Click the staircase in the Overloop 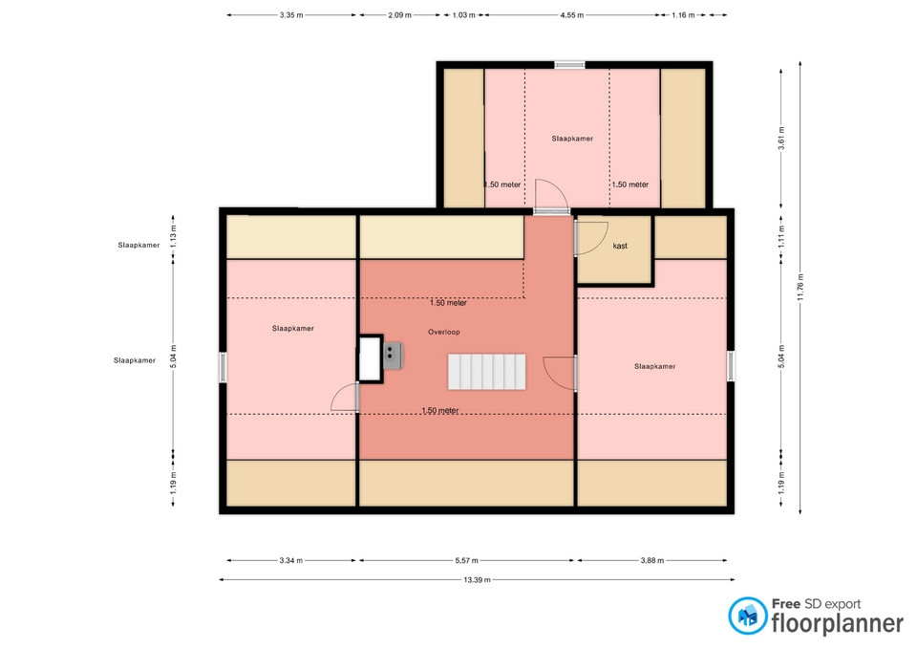[x=486, y=372]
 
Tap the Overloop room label [x=444, y=332]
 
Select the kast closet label [x=620, y=246]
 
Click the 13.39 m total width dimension [x=478, y=580]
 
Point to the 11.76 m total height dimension [x=800, y=287]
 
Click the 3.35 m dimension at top [x=291, y=15]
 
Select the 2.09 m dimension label [x=399, y=15]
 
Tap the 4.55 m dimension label [x=572, y=15]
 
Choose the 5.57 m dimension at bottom [x=467, y=561]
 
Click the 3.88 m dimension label [x=652, y=561]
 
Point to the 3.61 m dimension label [x=781, y=138]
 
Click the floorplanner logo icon [x=747, y=616]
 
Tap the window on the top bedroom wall [x=569, y=65]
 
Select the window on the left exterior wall [x=223, y=367]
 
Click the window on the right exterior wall [x=731, y=366]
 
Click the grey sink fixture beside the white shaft [x=393, y=356]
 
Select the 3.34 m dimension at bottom [x=291, y=561]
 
